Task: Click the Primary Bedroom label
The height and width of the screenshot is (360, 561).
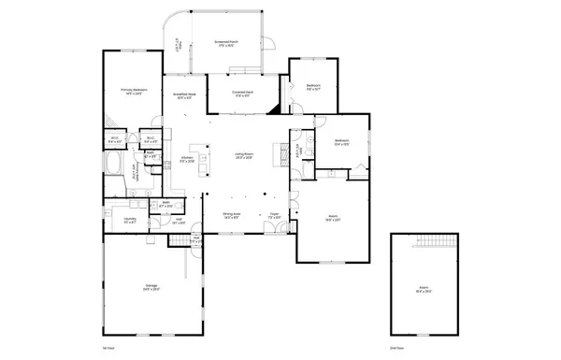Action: coord(132,92)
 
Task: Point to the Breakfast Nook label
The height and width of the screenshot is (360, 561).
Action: coord(184,95)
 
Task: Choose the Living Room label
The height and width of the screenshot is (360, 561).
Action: coord(245,157)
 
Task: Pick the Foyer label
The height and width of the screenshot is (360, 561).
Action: coord(275,216)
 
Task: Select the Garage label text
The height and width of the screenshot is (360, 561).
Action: coord(151,288)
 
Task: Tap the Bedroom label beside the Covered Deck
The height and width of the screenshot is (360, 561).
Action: coord(313,88)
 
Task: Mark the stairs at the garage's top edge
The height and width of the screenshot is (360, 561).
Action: coord(180,240)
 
